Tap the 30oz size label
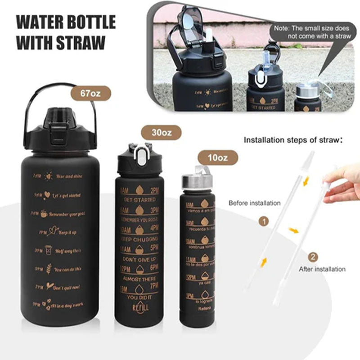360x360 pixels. (162, 133)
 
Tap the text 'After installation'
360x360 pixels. (322, 269)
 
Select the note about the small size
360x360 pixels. (314, 32)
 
